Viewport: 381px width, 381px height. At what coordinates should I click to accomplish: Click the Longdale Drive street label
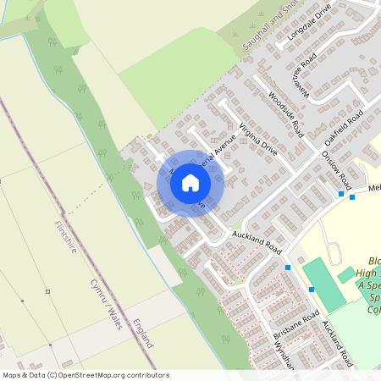(x=307, y=25)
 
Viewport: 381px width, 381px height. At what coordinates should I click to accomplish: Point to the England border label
(x=143, y=334)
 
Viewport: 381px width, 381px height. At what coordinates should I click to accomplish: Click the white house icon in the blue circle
(x=190, y=183)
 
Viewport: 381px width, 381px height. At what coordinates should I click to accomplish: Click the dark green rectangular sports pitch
(x=324, y=284)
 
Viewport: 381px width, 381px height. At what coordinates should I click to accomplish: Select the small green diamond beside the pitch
(x=345, y=274)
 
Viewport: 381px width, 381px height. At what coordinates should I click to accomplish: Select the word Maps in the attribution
(x=11, y=375)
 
